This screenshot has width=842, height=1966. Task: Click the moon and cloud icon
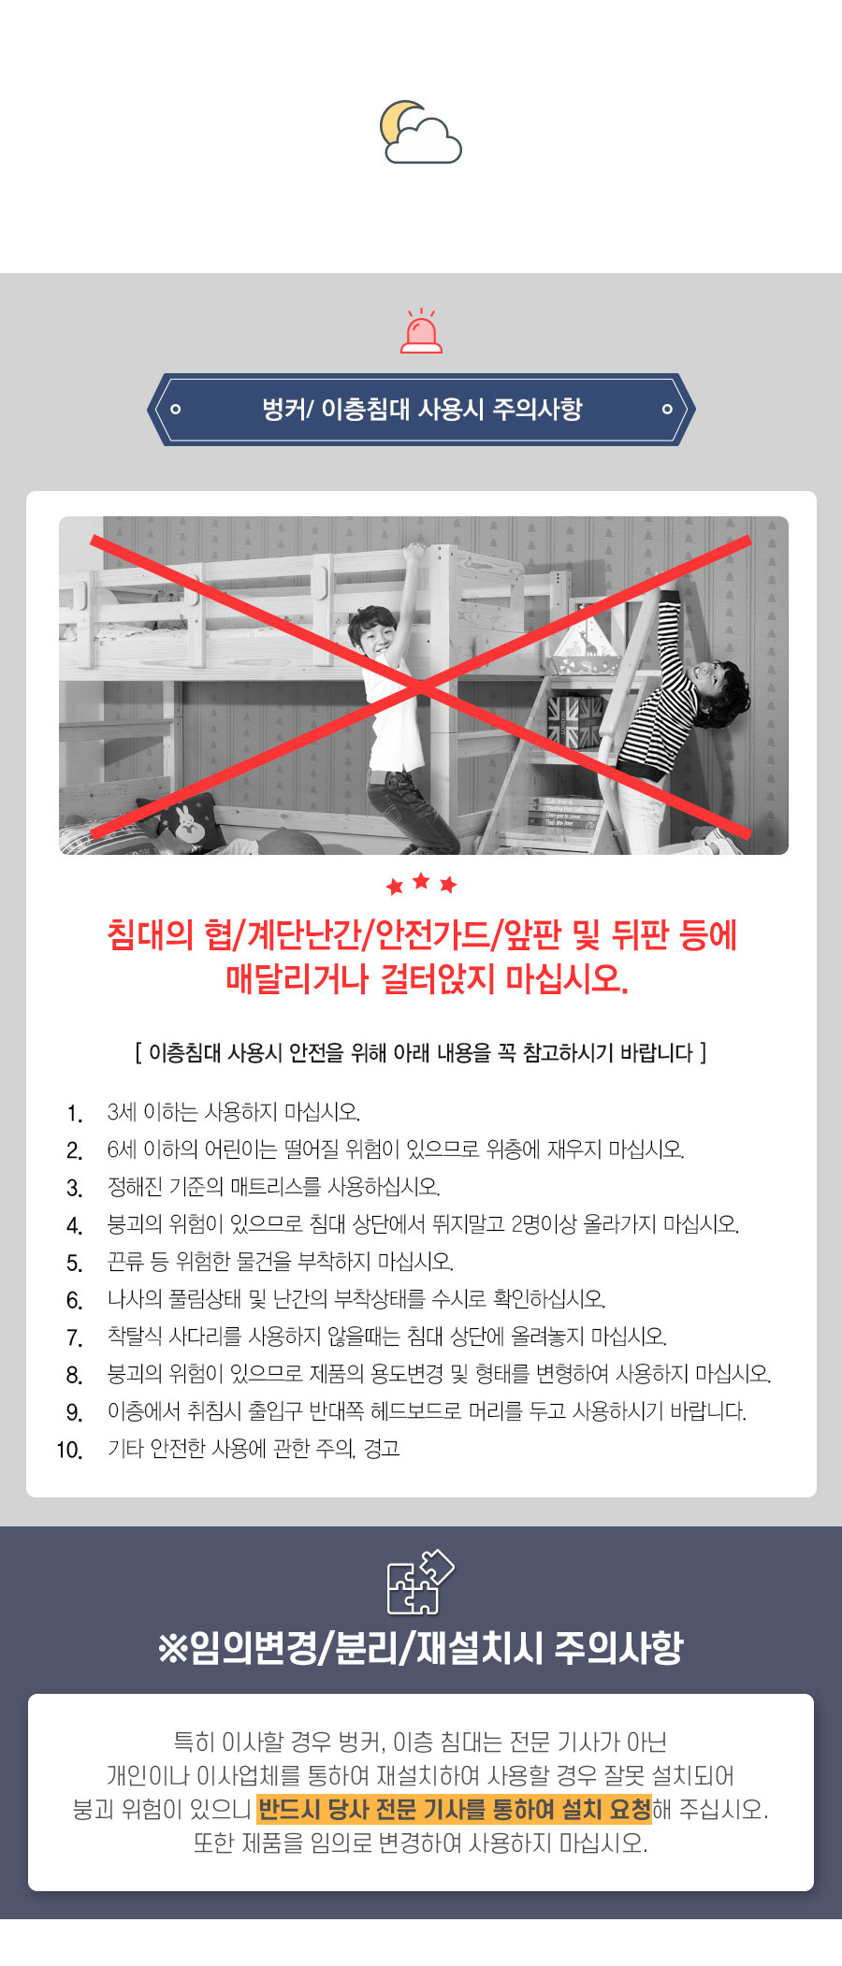point(420,132)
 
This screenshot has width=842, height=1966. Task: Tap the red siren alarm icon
point(421,331)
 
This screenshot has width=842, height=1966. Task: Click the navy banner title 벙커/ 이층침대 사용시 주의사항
point(422,409)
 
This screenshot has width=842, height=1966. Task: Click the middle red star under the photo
point(421,880)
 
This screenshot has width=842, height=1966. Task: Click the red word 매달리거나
point(297,979)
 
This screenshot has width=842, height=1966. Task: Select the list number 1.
point(74,1113)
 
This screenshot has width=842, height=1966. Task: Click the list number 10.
point(69,1450)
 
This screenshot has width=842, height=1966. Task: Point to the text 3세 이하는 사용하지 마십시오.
point(234,1112)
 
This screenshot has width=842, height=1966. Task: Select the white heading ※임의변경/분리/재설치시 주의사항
point(421,1648)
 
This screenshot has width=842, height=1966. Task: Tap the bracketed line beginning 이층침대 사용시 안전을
point(421,1053)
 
